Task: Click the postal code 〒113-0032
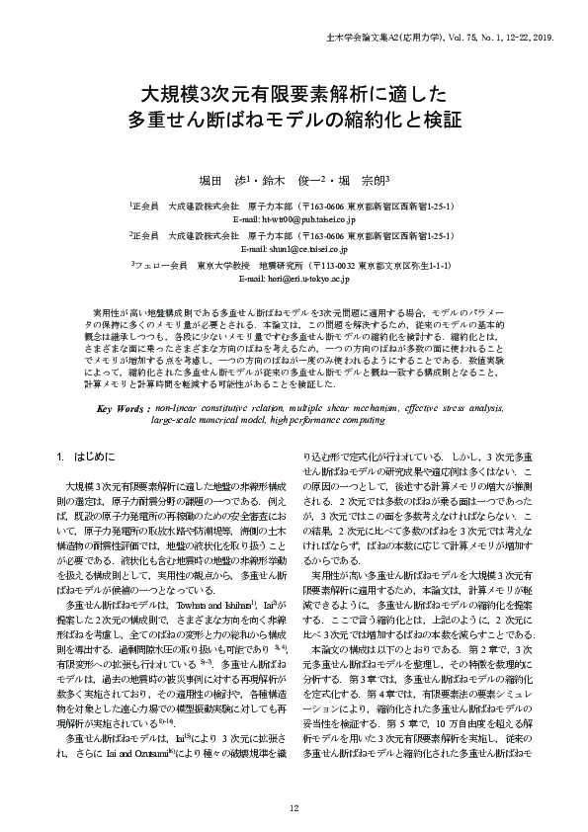pyautogui.click(x=331, y=267)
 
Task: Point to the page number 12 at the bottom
pyautogui.click(x=294, y=808)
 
